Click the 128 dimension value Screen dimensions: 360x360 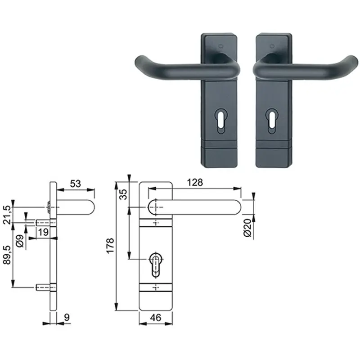195,183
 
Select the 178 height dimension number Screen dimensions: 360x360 110,246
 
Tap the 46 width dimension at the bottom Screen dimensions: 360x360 156,318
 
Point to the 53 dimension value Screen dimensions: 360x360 76,184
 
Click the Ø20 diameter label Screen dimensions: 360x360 248,228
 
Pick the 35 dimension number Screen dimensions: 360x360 123,194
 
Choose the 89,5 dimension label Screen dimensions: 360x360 7,255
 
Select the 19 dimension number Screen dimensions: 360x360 43,232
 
